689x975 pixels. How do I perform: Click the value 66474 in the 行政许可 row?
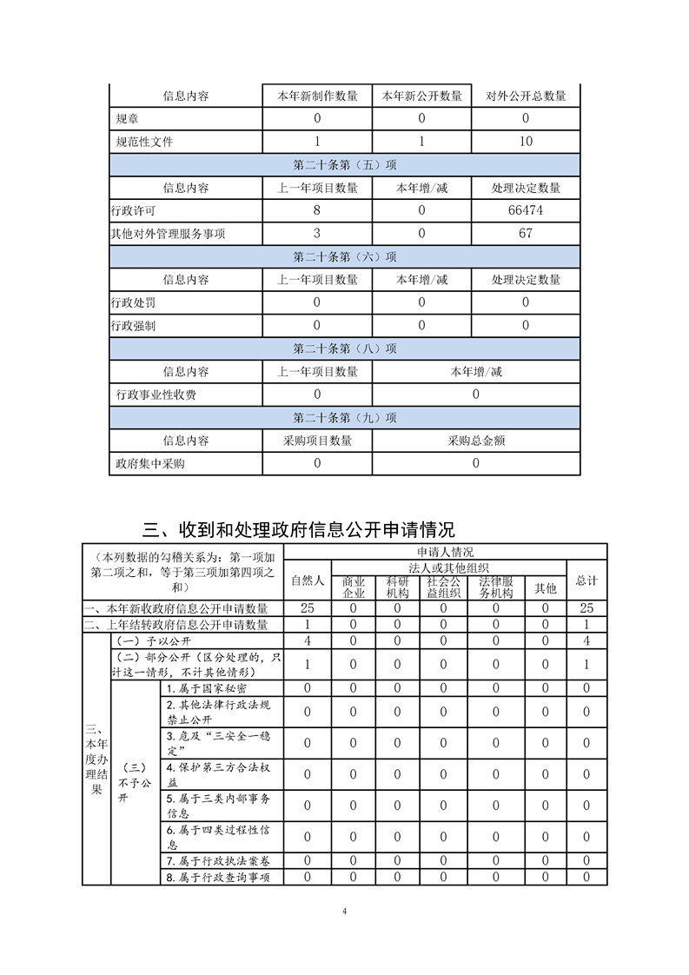point(526,210)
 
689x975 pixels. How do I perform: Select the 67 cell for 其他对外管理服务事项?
point(526,233)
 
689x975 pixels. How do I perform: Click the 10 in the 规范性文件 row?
point(526,141)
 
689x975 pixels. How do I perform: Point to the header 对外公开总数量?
point(526,96)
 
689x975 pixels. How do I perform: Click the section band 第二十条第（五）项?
point(345,164)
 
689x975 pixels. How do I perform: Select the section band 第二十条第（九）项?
point(345,418)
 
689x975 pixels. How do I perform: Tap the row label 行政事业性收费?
point(156,395)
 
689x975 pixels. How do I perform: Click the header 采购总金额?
point(476,441)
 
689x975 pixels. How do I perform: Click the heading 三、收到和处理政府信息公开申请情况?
point(299,528)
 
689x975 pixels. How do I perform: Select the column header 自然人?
point(307,580)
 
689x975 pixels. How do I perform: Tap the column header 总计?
point(586,580)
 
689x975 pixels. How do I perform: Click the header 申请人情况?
point(445,552)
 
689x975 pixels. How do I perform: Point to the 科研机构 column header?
point(397,587)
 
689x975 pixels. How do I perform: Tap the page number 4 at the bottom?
point(345,912)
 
